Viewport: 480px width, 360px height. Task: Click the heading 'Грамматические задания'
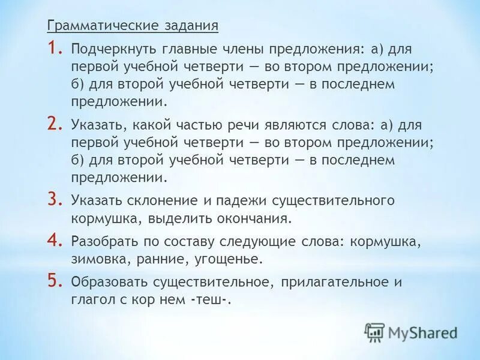133,26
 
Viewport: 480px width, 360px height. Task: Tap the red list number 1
55,47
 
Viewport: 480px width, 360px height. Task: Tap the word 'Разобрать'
103,244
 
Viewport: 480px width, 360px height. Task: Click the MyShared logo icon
374,331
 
